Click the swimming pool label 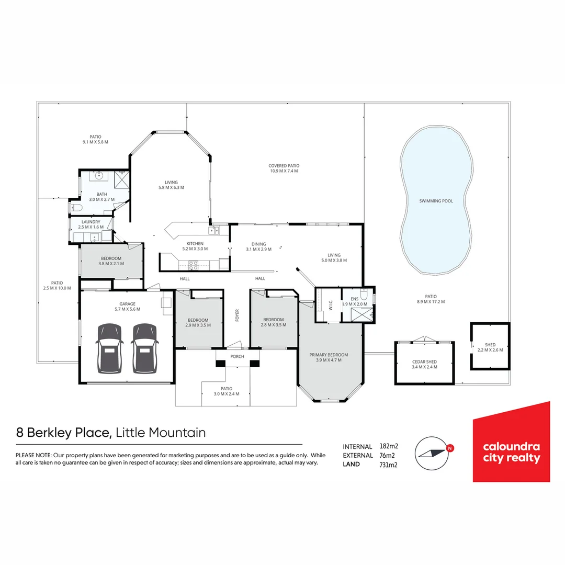(x=436, y=201)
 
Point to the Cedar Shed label (x=424, y=362)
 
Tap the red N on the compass (x=450, y=448)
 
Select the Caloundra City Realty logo (x=511, y=442)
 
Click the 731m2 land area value (x=388, y=465)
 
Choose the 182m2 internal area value (x=388, y=446)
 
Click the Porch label (x=238, y=357)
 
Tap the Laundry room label (x=91, y=222)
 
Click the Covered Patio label (x=284, y=165)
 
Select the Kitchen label (x=195, y=244)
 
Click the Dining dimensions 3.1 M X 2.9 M (x=258, y=250)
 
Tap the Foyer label (x=237, y=315)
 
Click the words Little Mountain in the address (x=160, y=433)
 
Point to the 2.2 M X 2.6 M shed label (x=490, y=350)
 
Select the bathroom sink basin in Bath (x=98, y=175)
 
